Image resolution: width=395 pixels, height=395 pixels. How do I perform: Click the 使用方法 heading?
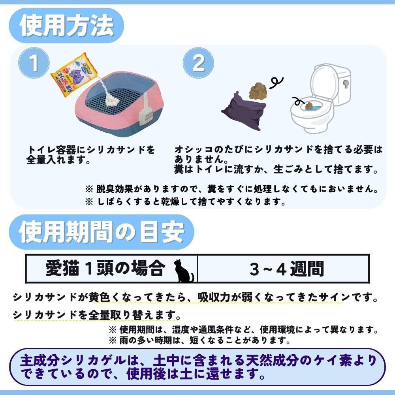click(x=66, y=25)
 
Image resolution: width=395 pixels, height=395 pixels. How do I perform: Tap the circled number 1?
click(x=34, y=63)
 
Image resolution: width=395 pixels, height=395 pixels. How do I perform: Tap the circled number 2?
click(x=198, y=63)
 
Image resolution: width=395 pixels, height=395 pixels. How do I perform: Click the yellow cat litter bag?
click(x=74, y=75)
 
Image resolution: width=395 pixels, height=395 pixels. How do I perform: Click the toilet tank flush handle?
click(x=346, y=83)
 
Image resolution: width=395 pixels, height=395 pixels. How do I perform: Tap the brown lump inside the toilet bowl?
click(x=309, y=106)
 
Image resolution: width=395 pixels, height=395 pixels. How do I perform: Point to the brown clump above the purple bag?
click(x=258, y=91)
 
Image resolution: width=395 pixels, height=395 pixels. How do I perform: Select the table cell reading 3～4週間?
click(x=284, y=269)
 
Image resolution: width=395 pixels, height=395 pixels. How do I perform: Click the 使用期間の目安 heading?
click(x=102, y=232)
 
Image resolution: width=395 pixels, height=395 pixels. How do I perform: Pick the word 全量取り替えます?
click(x=135, y=315)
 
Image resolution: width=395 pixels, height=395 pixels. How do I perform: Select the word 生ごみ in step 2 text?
click(x=289, y=169)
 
